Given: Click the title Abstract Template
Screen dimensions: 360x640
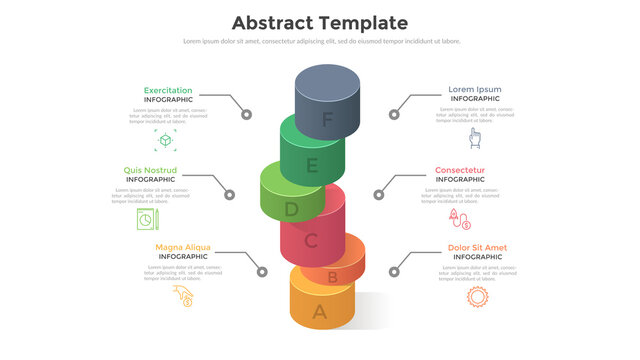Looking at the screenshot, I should click(x=319, y=22).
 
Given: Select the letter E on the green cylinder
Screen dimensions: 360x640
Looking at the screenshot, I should click(x=312, y=166).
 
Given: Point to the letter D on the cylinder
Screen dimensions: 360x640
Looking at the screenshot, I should click(x=291, y=210).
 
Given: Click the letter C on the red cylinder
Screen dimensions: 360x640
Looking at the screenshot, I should click(x=311, y=241).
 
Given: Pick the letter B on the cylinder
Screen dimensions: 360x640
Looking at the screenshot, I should click(x=332, y=277).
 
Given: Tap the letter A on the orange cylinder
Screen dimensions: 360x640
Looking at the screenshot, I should click(x=319, y=311).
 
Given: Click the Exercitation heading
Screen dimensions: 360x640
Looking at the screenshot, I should click(x=168, y=90).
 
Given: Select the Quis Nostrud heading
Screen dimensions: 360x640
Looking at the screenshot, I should click(x=149, y=170).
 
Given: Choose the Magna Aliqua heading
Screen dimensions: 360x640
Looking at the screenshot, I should click(x=183, y=247).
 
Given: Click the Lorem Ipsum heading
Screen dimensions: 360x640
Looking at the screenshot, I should click(x=475, y=90).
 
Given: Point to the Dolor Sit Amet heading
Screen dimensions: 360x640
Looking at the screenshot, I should click(x=477, y=247).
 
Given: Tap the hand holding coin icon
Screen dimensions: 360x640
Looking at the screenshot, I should click(x=183, y=296).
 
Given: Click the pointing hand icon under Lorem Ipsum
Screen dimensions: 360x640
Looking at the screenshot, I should click(x=475, y=138).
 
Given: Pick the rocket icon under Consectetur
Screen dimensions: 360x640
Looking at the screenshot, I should click(x=459, y=217).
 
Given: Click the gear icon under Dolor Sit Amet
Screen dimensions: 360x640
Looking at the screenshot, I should click(x=477, y=296).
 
